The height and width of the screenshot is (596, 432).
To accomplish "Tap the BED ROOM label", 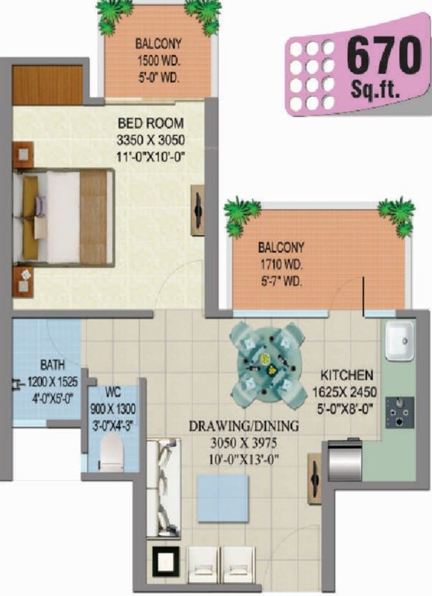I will coord(150,123).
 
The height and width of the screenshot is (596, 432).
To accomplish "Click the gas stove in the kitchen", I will coord(403,410).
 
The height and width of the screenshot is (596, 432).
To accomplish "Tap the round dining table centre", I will coord(264,359).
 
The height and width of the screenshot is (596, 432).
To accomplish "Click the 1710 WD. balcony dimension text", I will coord(282,264).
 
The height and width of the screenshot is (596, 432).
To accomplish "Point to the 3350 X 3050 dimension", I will coord(150,140).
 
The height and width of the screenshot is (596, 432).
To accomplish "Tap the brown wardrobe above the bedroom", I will coord(47,85).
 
